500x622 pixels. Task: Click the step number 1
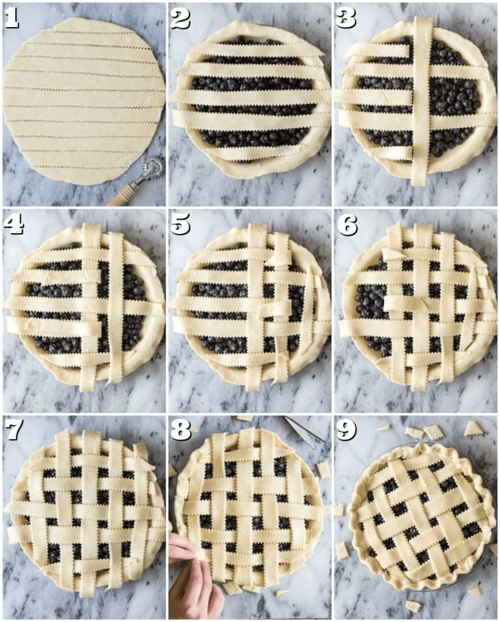point(12,20)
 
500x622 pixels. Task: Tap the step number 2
point(180,20)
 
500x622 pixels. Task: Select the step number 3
point(346,19)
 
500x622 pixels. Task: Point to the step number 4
point(14,225)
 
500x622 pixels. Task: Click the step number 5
point(180,225)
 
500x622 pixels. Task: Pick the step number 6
point(347,225)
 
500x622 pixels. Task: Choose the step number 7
point(14,430)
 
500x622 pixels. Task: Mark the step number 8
point(180,430)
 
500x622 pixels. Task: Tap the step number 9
point(347,430)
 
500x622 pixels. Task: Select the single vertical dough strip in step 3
point(423,101)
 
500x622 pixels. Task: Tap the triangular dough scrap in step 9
point(474,429)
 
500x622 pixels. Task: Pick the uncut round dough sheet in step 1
point(84,100)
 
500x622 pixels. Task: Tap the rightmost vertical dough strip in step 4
point(116,308)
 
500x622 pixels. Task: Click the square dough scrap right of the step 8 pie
point(323,469)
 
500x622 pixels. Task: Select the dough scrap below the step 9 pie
point(414,606)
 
